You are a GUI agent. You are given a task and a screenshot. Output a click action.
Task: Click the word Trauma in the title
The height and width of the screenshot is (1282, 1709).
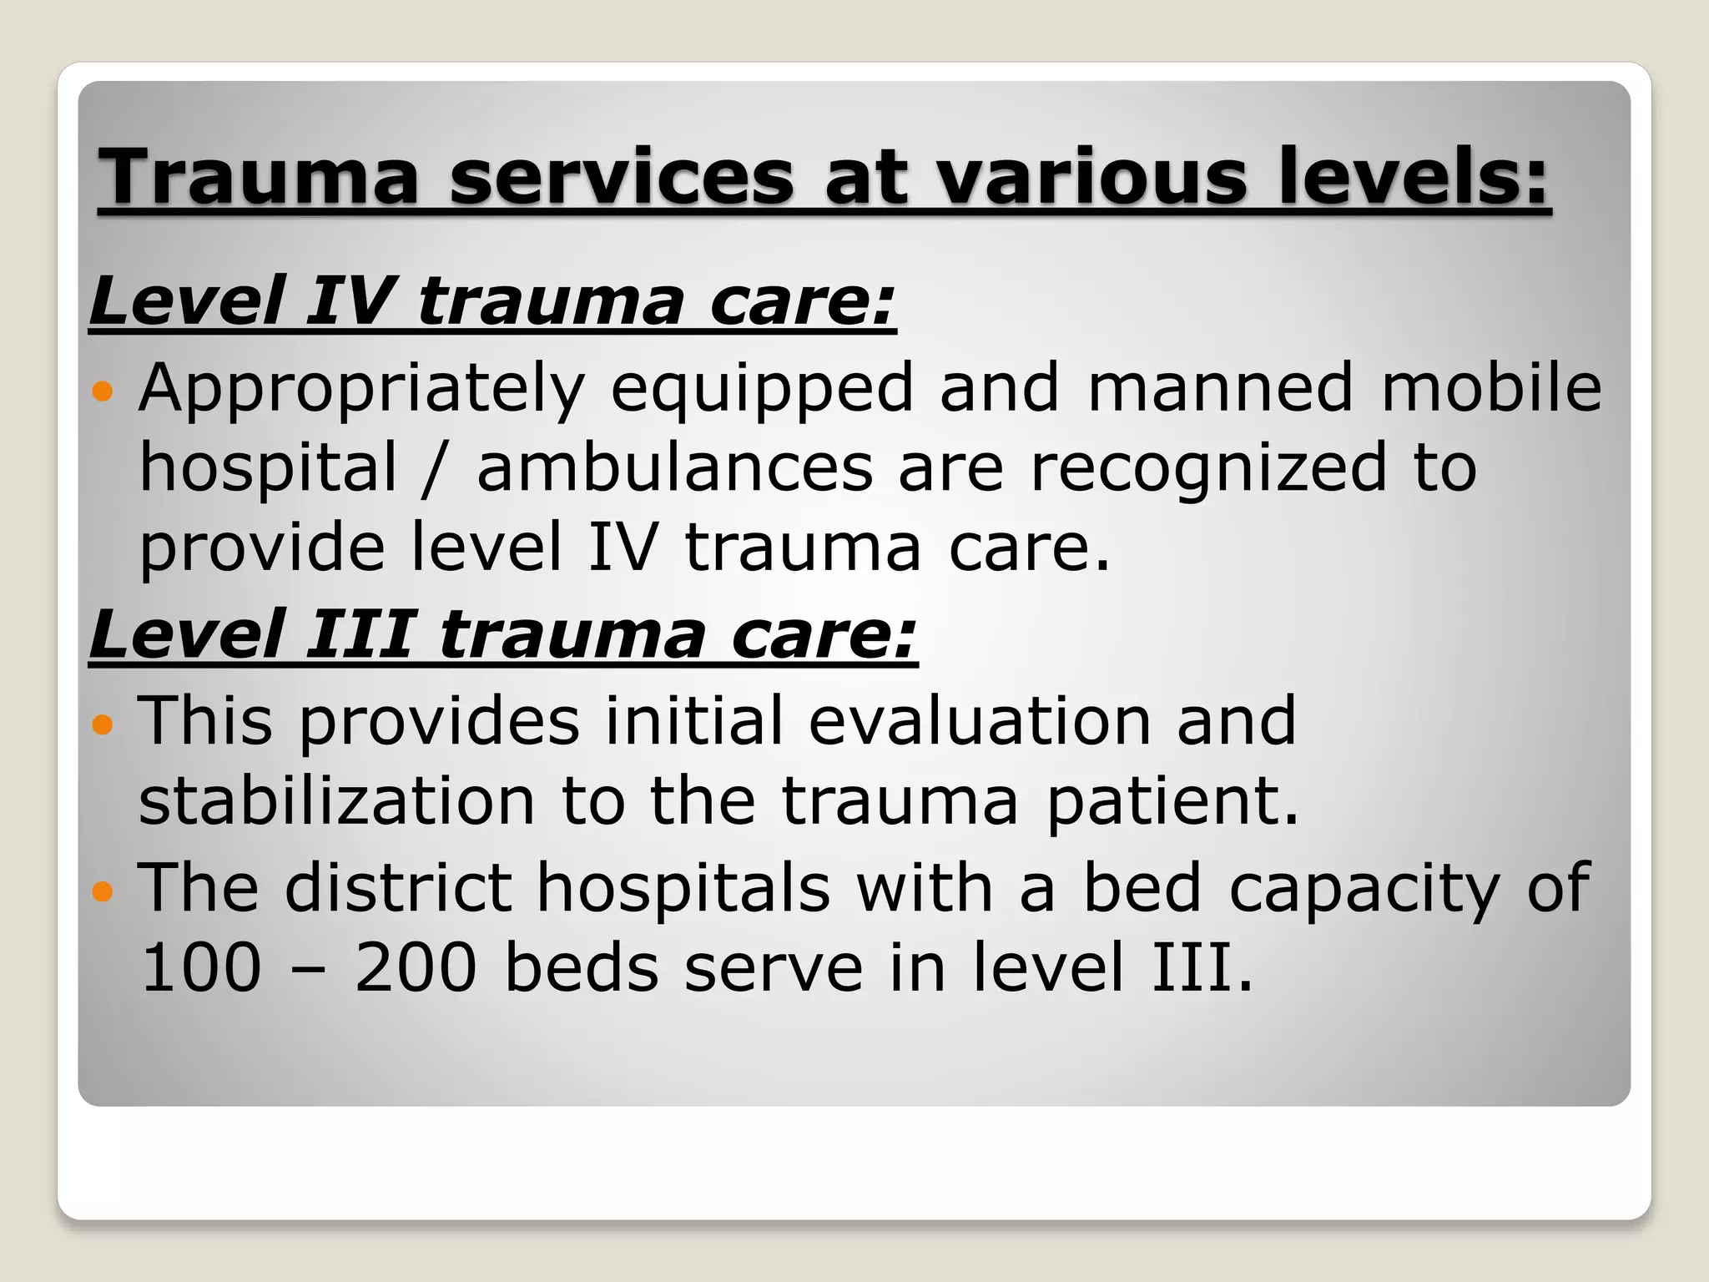259,176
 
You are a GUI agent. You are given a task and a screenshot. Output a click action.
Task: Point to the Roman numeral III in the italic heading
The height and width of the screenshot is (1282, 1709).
359,634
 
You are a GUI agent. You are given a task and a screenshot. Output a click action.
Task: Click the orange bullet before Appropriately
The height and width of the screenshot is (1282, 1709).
103,391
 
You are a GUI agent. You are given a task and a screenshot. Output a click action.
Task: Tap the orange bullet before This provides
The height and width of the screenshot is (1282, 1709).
103,724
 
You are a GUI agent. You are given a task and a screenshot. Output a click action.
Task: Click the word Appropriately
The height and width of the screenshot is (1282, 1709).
361,389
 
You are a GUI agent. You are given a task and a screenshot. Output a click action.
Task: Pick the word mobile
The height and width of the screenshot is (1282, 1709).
1491,387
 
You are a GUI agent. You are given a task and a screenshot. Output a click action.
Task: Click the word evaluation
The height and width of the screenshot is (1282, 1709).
980,719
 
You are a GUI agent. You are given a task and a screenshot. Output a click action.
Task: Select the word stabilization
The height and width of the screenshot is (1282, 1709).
336,800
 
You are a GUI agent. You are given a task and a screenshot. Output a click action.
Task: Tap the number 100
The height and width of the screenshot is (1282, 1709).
201,967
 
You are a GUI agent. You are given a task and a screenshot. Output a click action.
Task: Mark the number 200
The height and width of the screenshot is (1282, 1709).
415,967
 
